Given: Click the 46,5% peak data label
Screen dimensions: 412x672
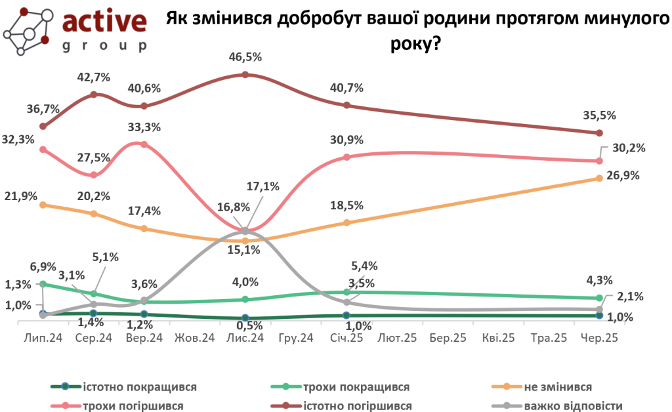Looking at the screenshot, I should tap(245, 57).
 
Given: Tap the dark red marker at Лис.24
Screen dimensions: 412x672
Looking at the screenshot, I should tap(245, 75).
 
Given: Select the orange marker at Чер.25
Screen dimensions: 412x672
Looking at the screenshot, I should tap(600, 178).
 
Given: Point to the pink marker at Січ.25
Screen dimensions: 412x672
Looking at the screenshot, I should tap(346, 157).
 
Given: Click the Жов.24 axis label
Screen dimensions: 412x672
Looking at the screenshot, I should tap(195, 339).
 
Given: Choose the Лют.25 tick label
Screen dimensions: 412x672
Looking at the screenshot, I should tap(397, 339).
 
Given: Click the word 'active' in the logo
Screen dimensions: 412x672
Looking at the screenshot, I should tap(104, 21).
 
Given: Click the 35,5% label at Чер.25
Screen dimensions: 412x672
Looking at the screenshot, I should tap(599, 115).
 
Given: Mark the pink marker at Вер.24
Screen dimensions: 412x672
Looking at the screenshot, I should tap(144, 144).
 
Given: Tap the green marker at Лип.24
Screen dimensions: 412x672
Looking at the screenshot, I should tap(43, 284).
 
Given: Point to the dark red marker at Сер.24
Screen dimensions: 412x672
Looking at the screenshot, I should tap(94, 94).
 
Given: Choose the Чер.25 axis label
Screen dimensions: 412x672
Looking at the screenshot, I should tap(600, 339).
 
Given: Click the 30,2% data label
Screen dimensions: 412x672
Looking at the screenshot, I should tap(629, 148).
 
